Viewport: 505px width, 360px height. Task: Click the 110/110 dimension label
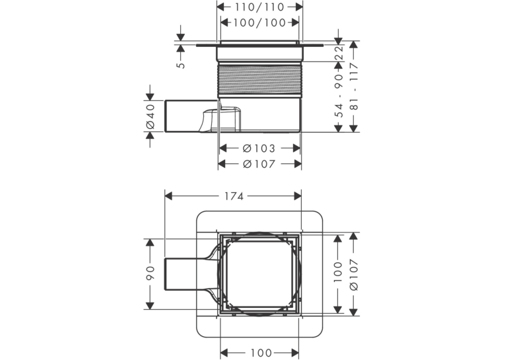click(259, 7)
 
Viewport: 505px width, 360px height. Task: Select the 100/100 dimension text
click(259, 22)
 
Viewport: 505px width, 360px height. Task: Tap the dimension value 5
click(182, 65)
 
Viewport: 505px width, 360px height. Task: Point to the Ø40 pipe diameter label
click(151, 116)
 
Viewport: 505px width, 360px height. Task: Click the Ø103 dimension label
click(259, 148)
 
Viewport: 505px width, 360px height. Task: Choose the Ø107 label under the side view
click(259, 164)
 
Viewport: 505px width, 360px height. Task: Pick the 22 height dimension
click(339, 54)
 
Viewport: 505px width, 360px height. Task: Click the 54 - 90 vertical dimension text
click(339, 96)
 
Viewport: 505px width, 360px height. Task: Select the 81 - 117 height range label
click(354, 87)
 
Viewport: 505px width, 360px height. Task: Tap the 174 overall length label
click(234, 196)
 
